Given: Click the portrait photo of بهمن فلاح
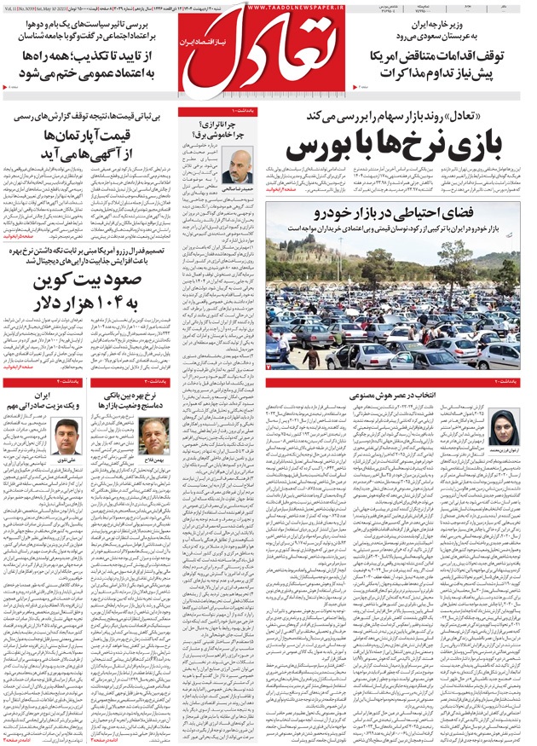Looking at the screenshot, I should pyautogui.click(x=154, y=435).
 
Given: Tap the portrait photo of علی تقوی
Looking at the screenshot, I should pyautogui.click(x=66, y=435).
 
